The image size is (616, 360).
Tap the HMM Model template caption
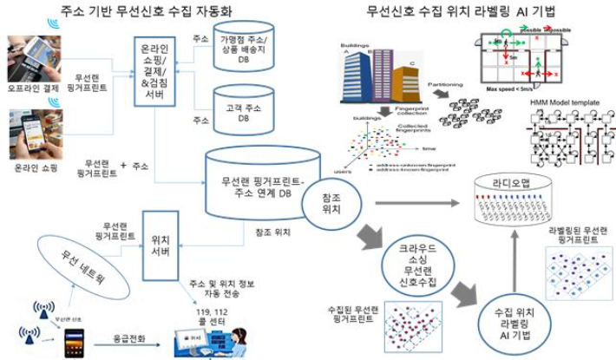click(x=567, y=101)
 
